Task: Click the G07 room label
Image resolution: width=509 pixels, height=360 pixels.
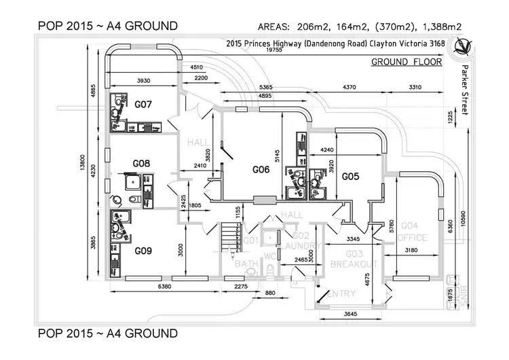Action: pos(143,105)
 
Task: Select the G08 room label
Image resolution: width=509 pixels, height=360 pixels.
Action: pos(141,164)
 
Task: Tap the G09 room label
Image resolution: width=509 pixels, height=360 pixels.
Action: pos(143,251)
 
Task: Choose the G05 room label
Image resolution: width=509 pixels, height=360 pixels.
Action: pos(350,176)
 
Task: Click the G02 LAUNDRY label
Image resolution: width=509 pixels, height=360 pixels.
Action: pos(296,240)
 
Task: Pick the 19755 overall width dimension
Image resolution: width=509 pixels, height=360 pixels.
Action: pos(274,50)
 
